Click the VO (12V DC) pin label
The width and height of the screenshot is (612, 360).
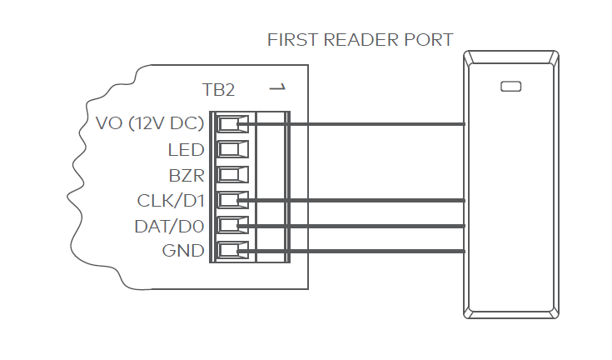151,124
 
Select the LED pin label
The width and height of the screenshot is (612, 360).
186,150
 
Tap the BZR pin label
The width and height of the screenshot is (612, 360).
187,176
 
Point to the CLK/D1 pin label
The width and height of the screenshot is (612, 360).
171,201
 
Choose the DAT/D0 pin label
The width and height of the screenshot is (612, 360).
169,226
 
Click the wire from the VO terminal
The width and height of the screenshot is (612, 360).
375,125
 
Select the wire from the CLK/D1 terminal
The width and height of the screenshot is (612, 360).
375,200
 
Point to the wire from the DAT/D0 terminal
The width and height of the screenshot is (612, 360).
375,225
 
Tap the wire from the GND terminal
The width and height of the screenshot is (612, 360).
375,250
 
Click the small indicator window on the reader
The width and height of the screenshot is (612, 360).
510,86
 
